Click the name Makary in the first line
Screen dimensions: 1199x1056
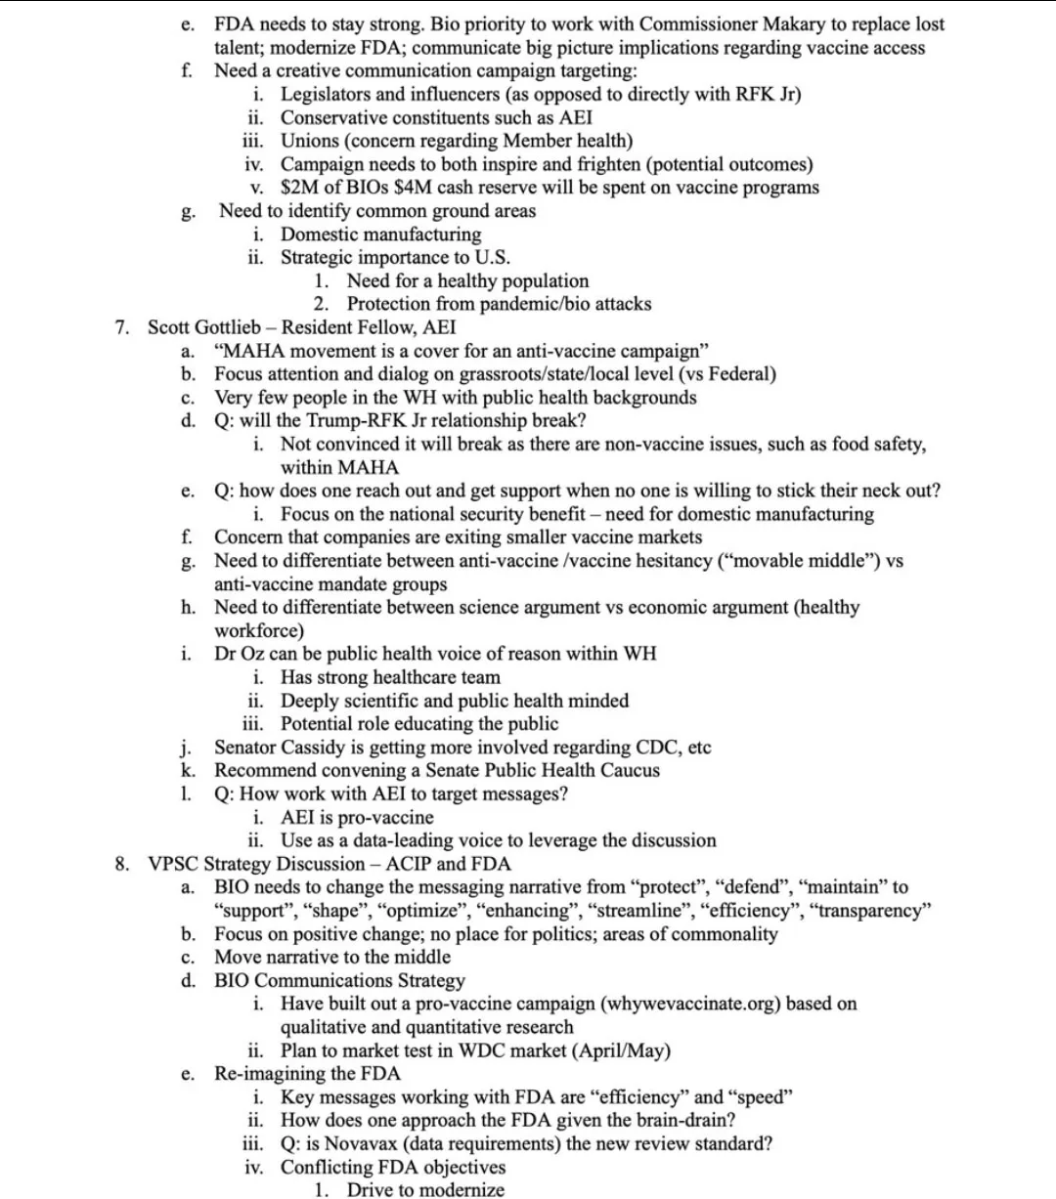(761, 24)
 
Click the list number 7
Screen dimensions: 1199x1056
(121, 327)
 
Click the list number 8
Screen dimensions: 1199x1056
(121, 864)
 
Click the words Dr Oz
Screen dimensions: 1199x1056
(240, 654)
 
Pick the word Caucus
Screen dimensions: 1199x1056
(625, 770)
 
